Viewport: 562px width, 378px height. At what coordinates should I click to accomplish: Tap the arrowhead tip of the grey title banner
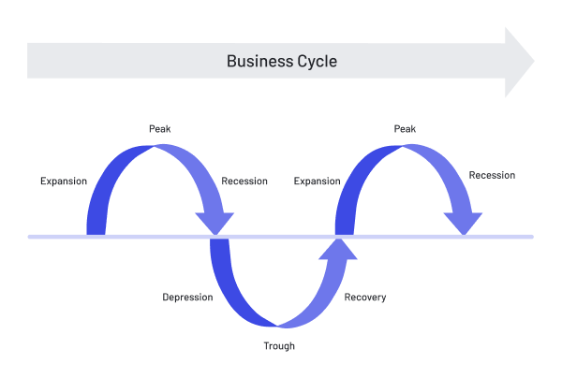531,62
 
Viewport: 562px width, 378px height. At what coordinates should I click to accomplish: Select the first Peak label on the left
159,128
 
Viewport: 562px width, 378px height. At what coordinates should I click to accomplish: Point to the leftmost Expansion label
65,180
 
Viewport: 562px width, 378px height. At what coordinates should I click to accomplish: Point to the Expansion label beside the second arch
317,180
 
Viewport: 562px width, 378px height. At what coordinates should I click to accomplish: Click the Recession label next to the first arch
244,181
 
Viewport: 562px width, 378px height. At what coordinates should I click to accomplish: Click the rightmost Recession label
492,175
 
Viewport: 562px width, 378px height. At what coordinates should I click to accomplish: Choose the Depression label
187,298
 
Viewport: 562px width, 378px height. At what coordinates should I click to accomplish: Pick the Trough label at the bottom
278,346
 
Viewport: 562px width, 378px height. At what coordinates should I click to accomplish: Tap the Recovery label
364,298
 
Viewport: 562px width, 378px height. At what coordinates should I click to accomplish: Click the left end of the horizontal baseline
31,237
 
